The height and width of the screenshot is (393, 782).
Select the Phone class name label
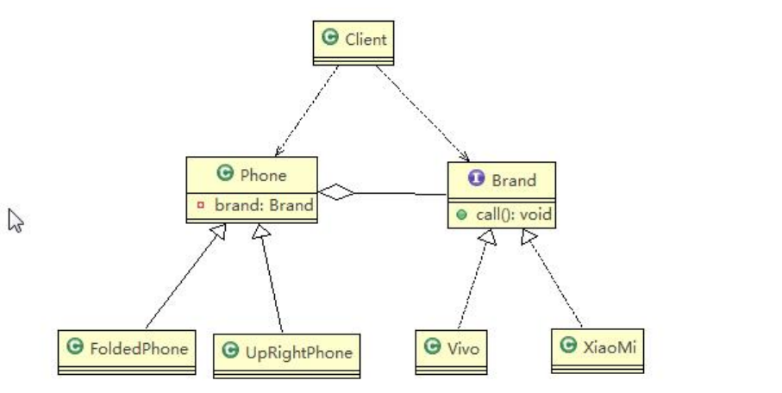263,175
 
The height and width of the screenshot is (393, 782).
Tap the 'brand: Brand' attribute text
261,207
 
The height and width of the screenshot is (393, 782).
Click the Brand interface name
513,180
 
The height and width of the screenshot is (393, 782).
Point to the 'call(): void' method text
514,214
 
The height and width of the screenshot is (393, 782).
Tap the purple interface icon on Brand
475,179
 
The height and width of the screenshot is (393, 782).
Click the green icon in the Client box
328,38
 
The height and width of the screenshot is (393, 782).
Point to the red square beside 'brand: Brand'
200,207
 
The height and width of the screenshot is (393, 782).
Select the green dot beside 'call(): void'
461,214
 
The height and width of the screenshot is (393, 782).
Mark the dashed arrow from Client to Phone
303,113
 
